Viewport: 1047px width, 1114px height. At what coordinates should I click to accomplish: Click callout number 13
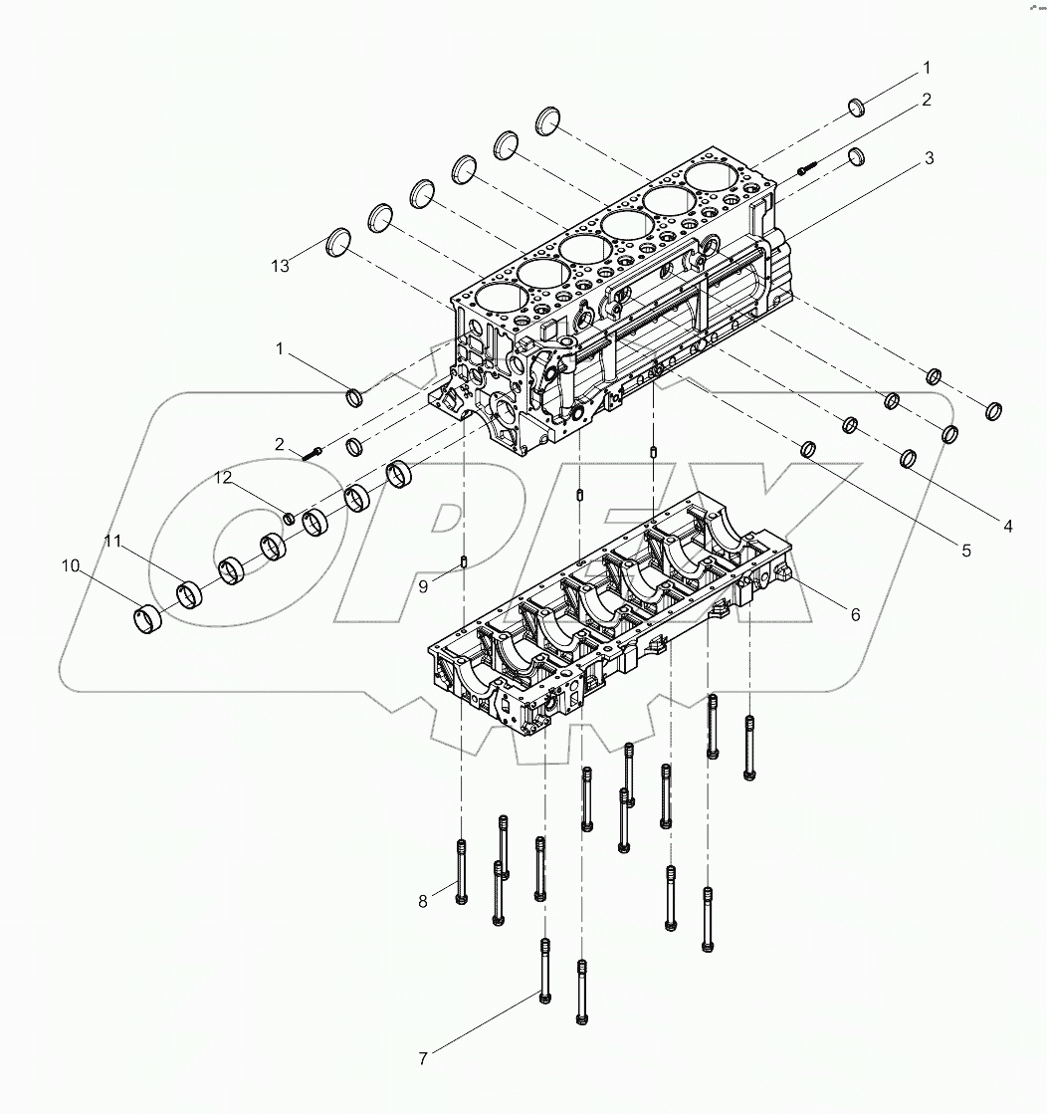tap(282, 265)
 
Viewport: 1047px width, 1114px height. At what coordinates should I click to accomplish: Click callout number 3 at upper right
tap(928, 158)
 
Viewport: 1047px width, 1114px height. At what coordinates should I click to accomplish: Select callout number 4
tap(1007, 526)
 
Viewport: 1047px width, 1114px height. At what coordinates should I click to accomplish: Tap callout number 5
tap(965, 549)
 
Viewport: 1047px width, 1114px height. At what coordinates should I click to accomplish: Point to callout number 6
tap(855, 614)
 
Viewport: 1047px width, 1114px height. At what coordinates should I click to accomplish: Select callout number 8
tap(422, 901)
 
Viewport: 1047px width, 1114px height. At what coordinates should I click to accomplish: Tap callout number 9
tap(423, 587)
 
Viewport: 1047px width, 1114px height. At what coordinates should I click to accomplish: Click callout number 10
tap(70, 565)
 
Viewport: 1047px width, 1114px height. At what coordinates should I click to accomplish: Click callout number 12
tap(225, 479)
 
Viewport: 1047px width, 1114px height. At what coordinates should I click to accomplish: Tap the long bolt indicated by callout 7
tap(544, 970)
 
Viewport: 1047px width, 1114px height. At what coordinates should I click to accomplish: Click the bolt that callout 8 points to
tap(461, 871)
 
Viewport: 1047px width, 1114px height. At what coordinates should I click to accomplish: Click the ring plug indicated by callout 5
tap(809, 450)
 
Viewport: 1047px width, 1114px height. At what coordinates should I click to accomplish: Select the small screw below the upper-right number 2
tap(806, 169)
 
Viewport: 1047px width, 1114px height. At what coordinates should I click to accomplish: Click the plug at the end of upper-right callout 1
tap(857, 107)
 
